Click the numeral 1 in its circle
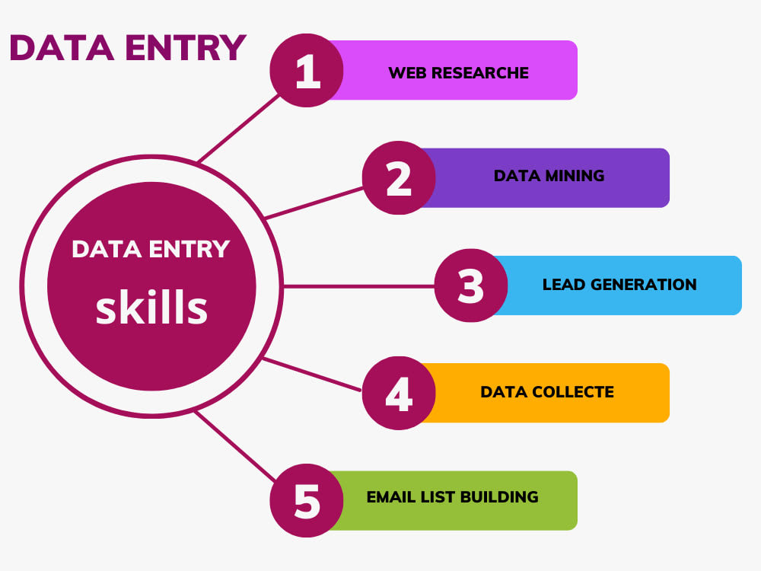[308, 71]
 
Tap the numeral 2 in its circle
[399, 178]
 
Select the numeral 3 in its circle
[471, 286]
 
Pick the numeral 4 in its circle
[399, 394]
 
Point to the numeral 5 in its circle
[307, 501]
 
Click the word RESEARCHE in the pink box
[480, 73]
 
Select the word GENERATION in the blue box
[644, 285]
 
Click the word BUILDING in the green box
[499, 497]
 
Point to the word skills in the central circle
[151, 307]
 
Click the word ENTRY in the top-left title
[186, 47]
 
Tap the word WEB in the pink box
[408, 73]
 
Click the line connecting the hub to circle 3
[358, 286]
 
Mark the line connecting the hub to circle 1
[238, 128]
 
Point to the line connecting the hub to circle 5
[235, 446]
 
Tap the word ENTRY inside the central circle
[189, 249]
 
